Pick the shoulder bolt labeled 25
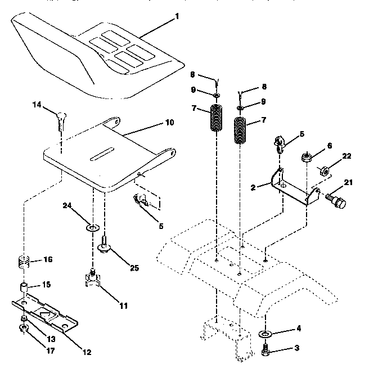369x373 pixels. pos(105,246)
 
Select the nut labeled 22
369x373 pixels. pos(325,169)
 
